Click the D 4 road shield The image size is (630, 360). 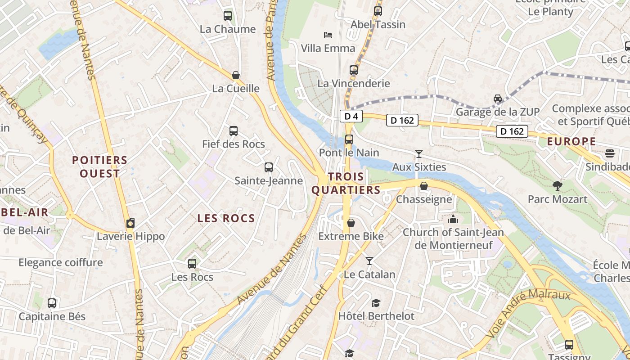click(351, 117)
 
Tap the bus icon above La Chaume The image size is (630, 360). click(228, 16)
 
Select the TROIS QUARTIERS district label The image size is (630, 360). click(346, 183)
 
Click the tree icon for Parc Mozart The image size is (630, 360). click(557, 185)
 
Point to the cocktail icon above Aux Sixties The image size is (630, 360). click(419, 154)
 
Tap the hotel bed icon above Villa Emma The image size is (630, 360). click(328, 35)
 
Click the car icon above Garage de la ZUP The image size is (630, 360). click(498, 99)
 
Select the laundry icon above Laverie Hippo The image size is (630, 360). click(130, 223)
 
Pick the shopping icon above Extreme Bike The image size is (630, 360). click(351, 223)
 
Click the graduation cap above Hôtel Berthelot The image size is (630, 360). click(376, 303)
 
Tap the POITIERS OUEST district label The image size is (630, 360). click(100, 166)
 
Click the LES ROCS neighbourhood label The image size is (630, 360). click(226, 219)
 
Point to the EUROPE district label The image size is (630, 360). click(571, 142)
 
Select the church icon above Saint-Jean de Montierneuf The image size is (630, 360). click(453, 219)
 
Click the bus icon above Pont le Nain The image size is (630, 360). click(349, 139)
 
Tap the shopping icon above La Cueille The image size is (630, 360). click(235, 75)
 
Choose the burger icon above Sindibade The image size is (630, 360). click(610, 153)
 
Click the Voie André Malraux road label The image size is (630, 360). click(528, 314)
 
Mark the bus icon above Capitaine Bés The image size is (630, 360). click(52, 303)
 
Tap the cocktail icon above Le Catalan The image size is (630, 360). click(369, 261)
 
